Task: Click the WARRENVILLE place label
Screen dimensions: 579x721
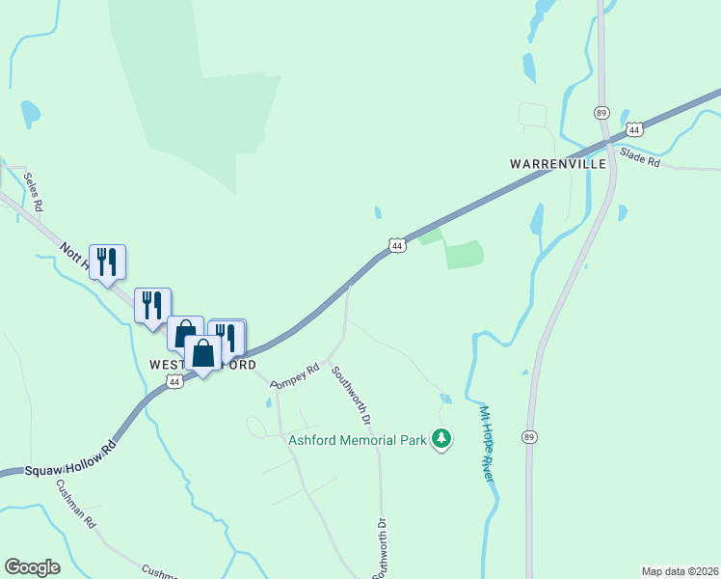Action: click(x=558, y=164)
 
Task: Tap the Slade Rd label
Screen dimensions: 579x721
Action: click(x=640, y=156)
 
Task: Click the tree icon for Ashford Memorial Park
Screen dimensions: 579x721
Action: click(x=441, y=439)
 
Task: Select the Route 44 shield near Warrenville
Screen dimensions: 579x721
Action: click(x=633, y=128)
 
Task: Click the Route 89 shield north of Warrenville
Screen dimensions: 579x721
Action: click(x=601, y=112)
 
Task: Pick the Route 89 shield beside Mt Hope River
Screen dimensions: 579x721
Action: click(x=528, y=436)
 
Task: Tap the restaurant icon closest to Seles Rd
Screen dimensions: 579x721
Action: click(x=107, y=261)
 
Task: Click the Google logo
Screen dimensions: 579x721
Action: click(x=32, y=567)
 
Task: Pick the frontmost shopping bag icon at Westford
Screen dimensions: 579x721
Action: click(x=202, y=353)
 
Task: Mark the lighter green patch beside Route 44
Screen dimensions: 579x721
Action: click(x=464, y=254)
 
